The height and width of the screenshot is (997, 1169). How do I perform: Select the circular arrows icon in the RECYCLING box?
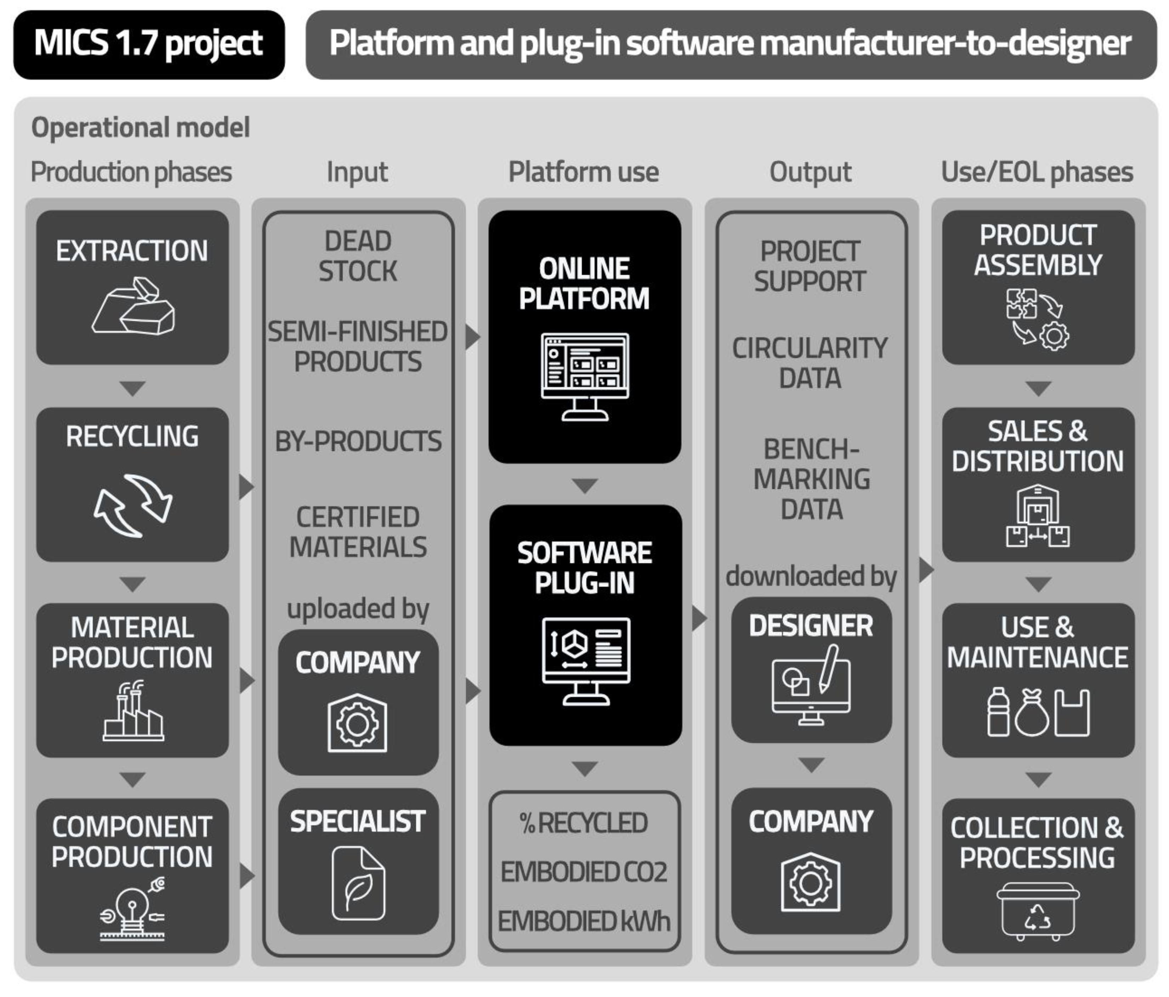[x=133, y=505]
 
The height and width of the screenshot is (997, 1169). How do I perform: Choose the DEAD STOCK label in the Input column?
[x=358, y=256]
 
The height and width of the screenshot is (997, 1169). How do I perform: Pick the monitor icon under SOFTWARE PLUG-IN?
[x=586, y=661]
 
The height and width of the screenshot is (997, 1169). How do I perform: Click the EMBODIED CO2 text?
[x=584, y=872]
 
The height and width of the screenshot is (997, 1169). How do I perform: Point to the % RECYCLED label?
[x=584, y=823]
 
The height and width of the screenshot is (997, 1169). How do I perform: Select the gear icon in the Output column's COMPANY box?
[x=811, y=883]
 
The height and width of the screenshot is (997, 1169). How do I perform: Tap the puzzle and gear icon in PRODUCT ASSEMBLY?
[x=1038, y=319]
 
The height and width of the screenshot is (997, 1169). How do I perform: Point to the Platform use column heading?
[x=583, y=172]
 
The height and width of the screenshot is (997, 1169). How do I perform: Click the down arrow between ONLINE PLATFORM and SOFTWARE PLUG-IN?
[x=584, y=485]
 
